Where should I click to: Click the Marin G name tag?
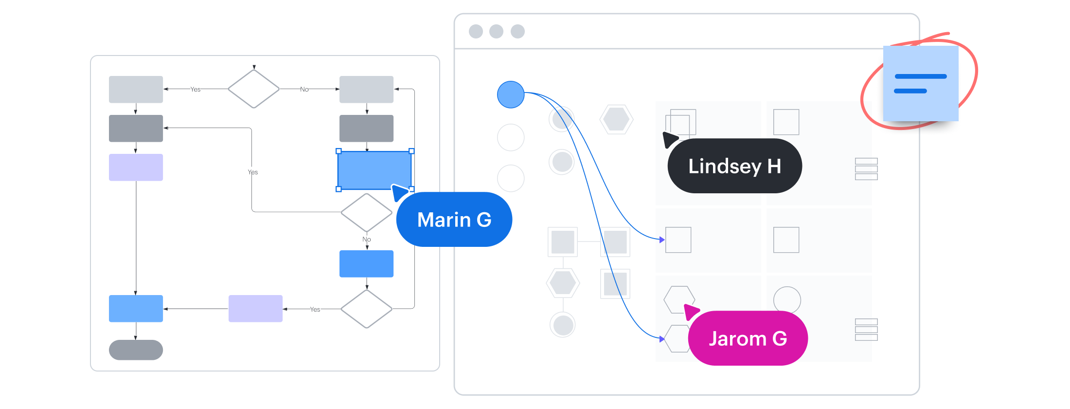click(x=454, y=220)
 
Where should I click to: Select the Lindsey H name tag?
click(x=734, y=166)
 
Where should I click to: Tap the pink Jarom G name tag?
click(x=748, y=338)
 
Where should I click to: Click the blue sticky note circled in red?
click(x=920, y=83)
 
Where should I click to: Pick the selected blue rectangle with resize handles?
click(x=374, y=170)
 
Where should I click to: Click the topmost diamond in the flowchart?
click(x=254, y=89)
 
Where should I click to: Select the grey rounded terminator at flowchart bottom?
click(x=136, y=350)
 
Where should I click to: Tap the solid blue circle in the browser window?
click(x=511, y=94)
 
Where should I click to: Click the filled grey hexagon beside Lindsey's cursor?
click(x=616, y=119)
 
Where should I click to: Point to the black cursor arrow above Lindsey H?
click(x=670, y=139)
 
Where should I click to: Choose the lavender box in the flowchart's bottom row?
click(x=255, y=309)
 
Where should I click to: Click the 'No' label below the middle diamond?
click(x=367, y=239)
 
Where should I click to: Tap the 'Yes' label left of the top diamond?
click(x=196, y=89)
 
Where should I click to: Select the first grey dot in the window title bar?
click(x=476, y=32)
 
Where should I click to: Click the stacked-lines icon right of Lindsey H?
click(x=866, y=169)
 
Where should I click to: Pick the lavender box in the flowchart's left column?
click(x=136, y=167)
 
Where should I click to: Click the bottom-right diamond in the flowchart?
click(x=367, y=309)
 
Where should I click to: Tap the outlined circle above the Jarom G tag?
click(x=787, y=299)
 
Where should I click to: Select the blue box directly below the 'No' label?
click(x=366, y=264)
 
